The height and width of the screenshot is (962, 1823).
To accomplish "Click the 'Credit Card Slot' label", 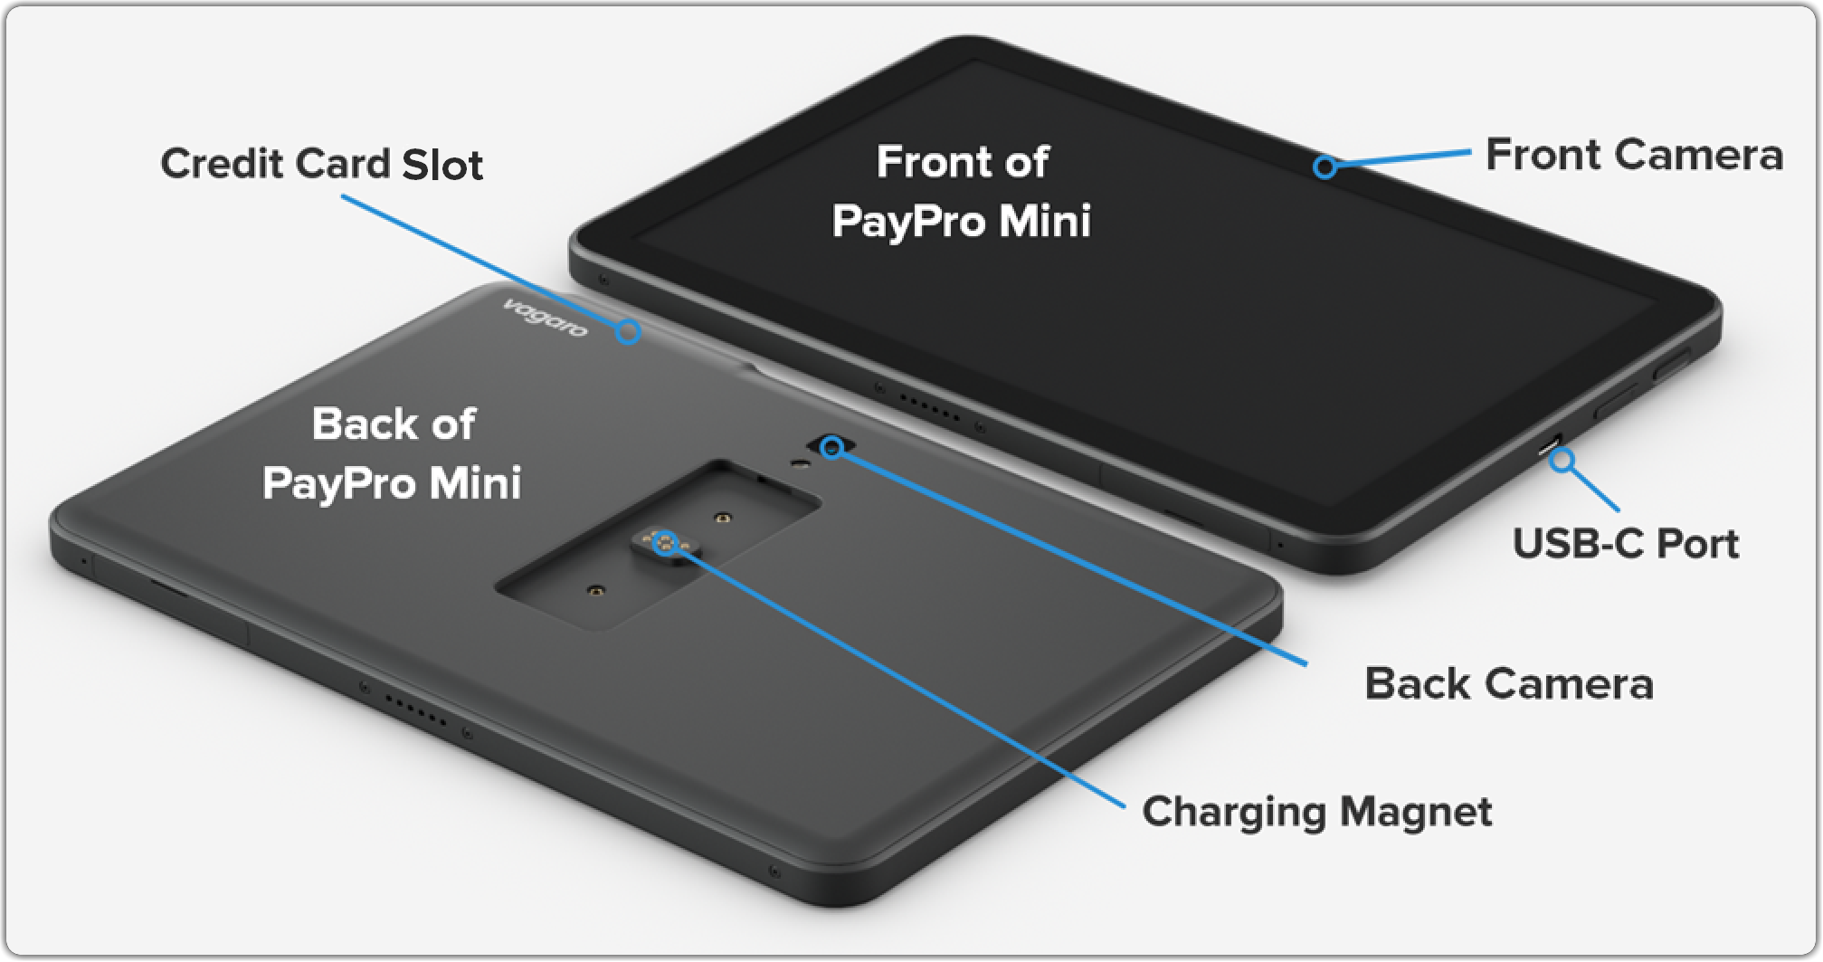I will click(x=321, y=165).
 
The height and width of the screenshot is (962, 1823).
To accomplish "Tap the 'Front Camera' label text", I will click(x=1634, y=155).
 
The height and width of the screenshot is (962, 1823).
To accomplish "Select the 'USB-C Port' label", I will click(x=1625, y=544).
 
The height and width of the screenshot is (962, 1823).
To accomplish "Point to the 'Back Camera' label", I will click(x=1508, y=684).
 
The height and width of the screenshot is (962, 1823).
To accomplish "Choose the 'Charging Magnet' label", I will click(x=1316, y=812).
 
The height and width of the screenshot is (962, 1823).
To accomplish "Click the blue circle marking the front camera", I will click(x=1325, y=167).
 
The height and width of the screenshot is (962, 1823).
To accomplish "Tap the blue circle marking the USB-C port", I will click(x=1562, y=460).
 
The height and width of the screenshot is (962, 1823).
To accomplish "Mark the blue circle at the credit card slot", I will click(x=629, y=332).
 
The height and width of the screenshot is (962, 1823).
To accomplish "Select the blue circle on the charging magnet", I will click(x=665, y=543).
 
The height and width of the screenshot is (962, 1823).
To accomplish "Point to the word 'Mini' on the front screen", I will click(x=1045, y=222).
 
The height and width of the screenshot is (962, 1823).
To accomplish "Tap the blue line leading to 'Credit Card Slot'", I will click(x=479, y=262).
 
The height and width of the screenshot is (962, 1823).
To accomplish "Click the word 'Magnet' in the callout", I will click(x=1416, y=812).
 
